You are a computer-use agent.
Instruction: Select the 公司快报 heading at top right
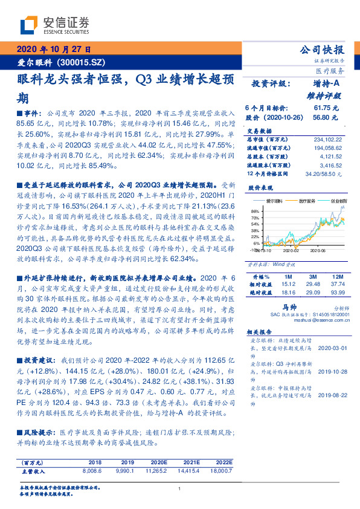[x=322, y=50]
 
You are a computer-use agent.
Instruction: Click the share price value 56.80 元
[x=326, y=118]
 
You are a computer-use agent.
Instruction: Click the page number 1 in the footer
[x=180, y=489]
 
